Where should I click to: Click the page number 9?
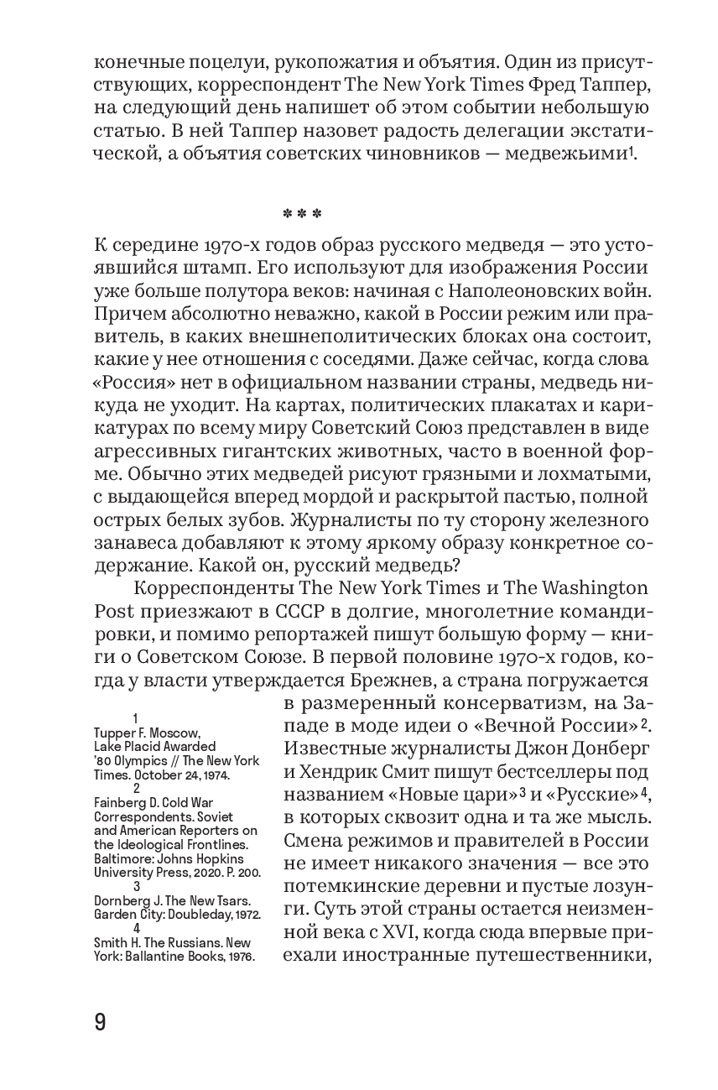tap(99, 1023)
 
